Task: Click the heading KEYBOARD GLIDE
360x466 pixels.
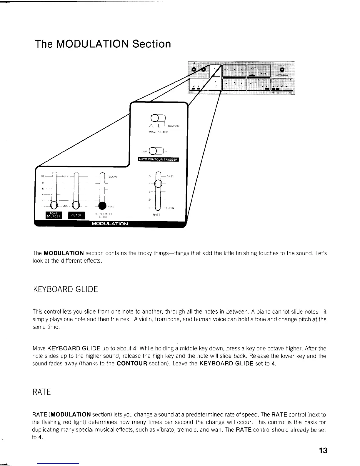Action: tap(65, 289)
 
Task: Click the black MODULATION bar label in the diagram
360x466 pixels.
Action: tap(110, 224)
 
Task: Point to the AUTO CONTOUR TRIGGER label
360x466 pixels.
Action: tap(158, 160)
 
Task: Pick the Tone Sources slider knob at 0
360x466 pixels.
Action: tap(54, 205)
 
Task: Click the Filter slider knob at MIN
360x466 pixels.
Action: tap(76, 205)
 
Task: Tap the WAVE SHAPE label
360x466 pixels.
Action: tap(158, 132)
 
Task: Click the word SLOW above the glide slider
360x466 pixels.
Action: tap(112, 177)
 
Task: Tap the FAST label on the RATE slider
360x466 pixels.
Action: tap(170, 176)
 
